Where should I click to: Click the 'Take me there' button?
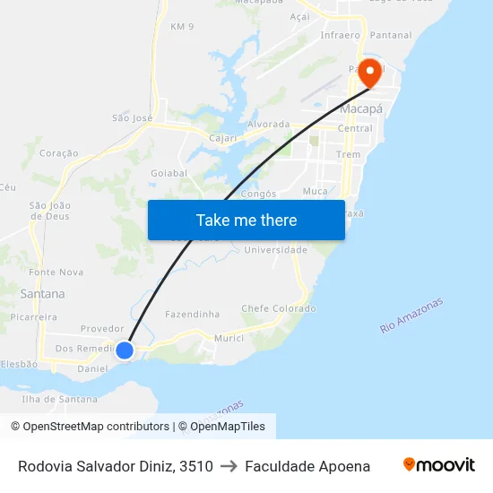point(246,220)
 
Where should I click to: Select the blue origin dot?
point(125,350)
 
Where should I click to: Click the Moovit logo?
point(438,465)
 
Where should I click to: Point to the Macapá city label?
point(361,108)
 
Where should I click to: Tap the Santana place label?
point(42,293)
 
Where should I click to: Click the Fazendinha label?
point(192,315)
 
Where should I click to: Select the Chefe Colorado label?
point(279,308)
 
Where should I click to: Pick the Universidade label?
point(276,250)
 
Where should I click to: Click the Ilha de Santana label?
point(60,399)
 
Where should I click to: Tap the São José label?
point(132,117)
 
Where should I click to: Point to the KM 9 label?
point(182,27)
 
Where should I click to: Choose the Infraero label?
point(340,36)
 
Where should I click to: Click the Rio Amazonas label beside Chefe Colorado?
point(411,316)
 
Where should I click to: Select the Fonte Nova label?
point(56,272)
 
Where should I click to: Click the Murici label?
point(229,338)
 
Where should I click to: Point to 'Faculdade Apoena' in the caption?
point(307,466)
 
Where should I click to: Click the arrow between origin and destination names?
point(229,466)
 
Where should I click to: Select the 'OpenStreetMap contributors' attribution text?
point(96,427)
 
